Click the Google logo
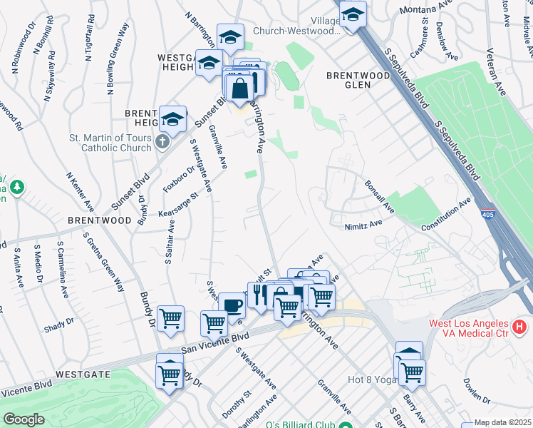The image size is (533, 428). [24, 419]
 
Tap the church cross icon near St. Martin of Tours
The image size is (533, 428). [162, 142]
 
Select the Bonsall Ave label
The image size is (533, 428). [379, 196]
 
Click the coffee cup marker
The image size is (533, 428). [232, 305]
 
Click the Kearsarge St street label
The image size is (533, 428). [178, 205]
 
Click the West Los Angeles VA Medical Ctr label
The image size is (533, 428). [478, 329]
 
